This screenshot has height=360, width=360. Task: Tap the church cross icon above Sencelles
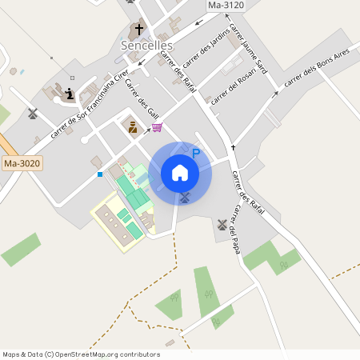(x=139, y=30)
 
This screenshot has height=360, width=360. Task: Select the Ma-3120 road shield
(x=226, y=6)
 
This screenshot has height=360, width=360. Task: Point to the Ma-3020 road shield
(x=22, y=163)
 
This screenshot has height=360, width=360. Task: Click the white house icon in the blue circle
(x=180, y=172)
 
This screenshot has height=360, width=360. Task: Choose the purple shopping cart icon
(x=157, y=127)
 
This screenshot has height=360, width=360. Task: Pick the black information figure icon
(x=70, y=94)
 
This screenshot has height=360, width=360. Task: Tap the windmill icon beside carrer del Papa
(x=222, y=225)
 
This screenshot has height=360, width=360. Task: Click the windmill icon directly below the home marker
(x=184, y=197)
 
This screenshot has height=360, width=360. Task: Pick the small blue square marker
(x=100, y=174)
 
